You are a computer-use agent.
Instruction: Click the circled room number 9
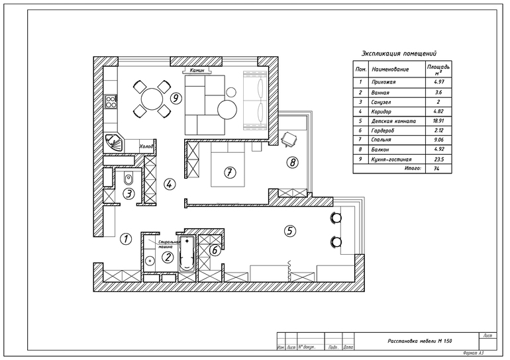tap(176, 98)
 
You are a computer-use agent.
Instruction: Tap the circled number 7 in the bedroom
tap(229, 173)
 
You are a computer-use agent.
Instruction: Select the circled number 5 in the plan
tap(289, 231)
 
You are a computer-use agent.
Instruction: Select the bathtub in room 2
tap(187, 253)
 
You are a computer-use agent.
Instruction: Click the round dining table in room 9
tap(153, 99)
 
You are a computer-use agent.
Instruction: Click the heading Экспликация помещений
tap(399, 54)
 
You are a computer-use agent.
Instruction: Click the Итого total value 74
tap(438, 169)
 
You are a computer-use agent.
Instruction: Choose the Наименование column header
tap(391, 69)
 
